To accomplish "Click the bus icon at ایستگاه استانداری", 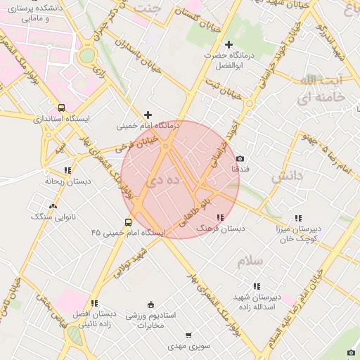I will coord(62,108).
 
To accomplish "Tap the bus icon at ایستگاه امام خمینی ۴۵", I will coord(117,231).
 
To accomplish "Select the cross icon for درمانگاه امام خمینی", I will coord(148,115).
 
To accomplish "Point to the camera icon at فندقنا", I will coord(240,159).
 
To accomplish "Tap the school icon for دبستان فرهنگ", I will coord(220,218).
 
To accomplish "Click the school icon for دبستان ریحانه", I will coord(67,170).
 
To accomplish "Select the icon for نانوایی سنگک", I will coord(53,206).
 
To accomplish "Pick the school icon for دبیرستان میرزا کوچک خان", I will coord(298,218).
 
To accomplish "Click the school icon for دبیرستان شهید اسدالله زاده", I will coord(256,286).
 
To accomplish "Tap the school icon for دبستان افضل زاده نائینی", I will coord(94,303).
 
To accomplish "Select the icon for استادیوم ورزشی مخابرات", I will coord(150,304).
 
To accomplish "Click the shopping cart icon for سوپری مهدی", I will coord(188,336).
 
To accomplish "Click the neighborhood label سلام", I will coord(250,261).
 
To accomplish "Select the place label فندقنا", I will coord(240,170).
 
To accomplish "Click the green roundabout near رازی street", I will coord(86,56).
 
